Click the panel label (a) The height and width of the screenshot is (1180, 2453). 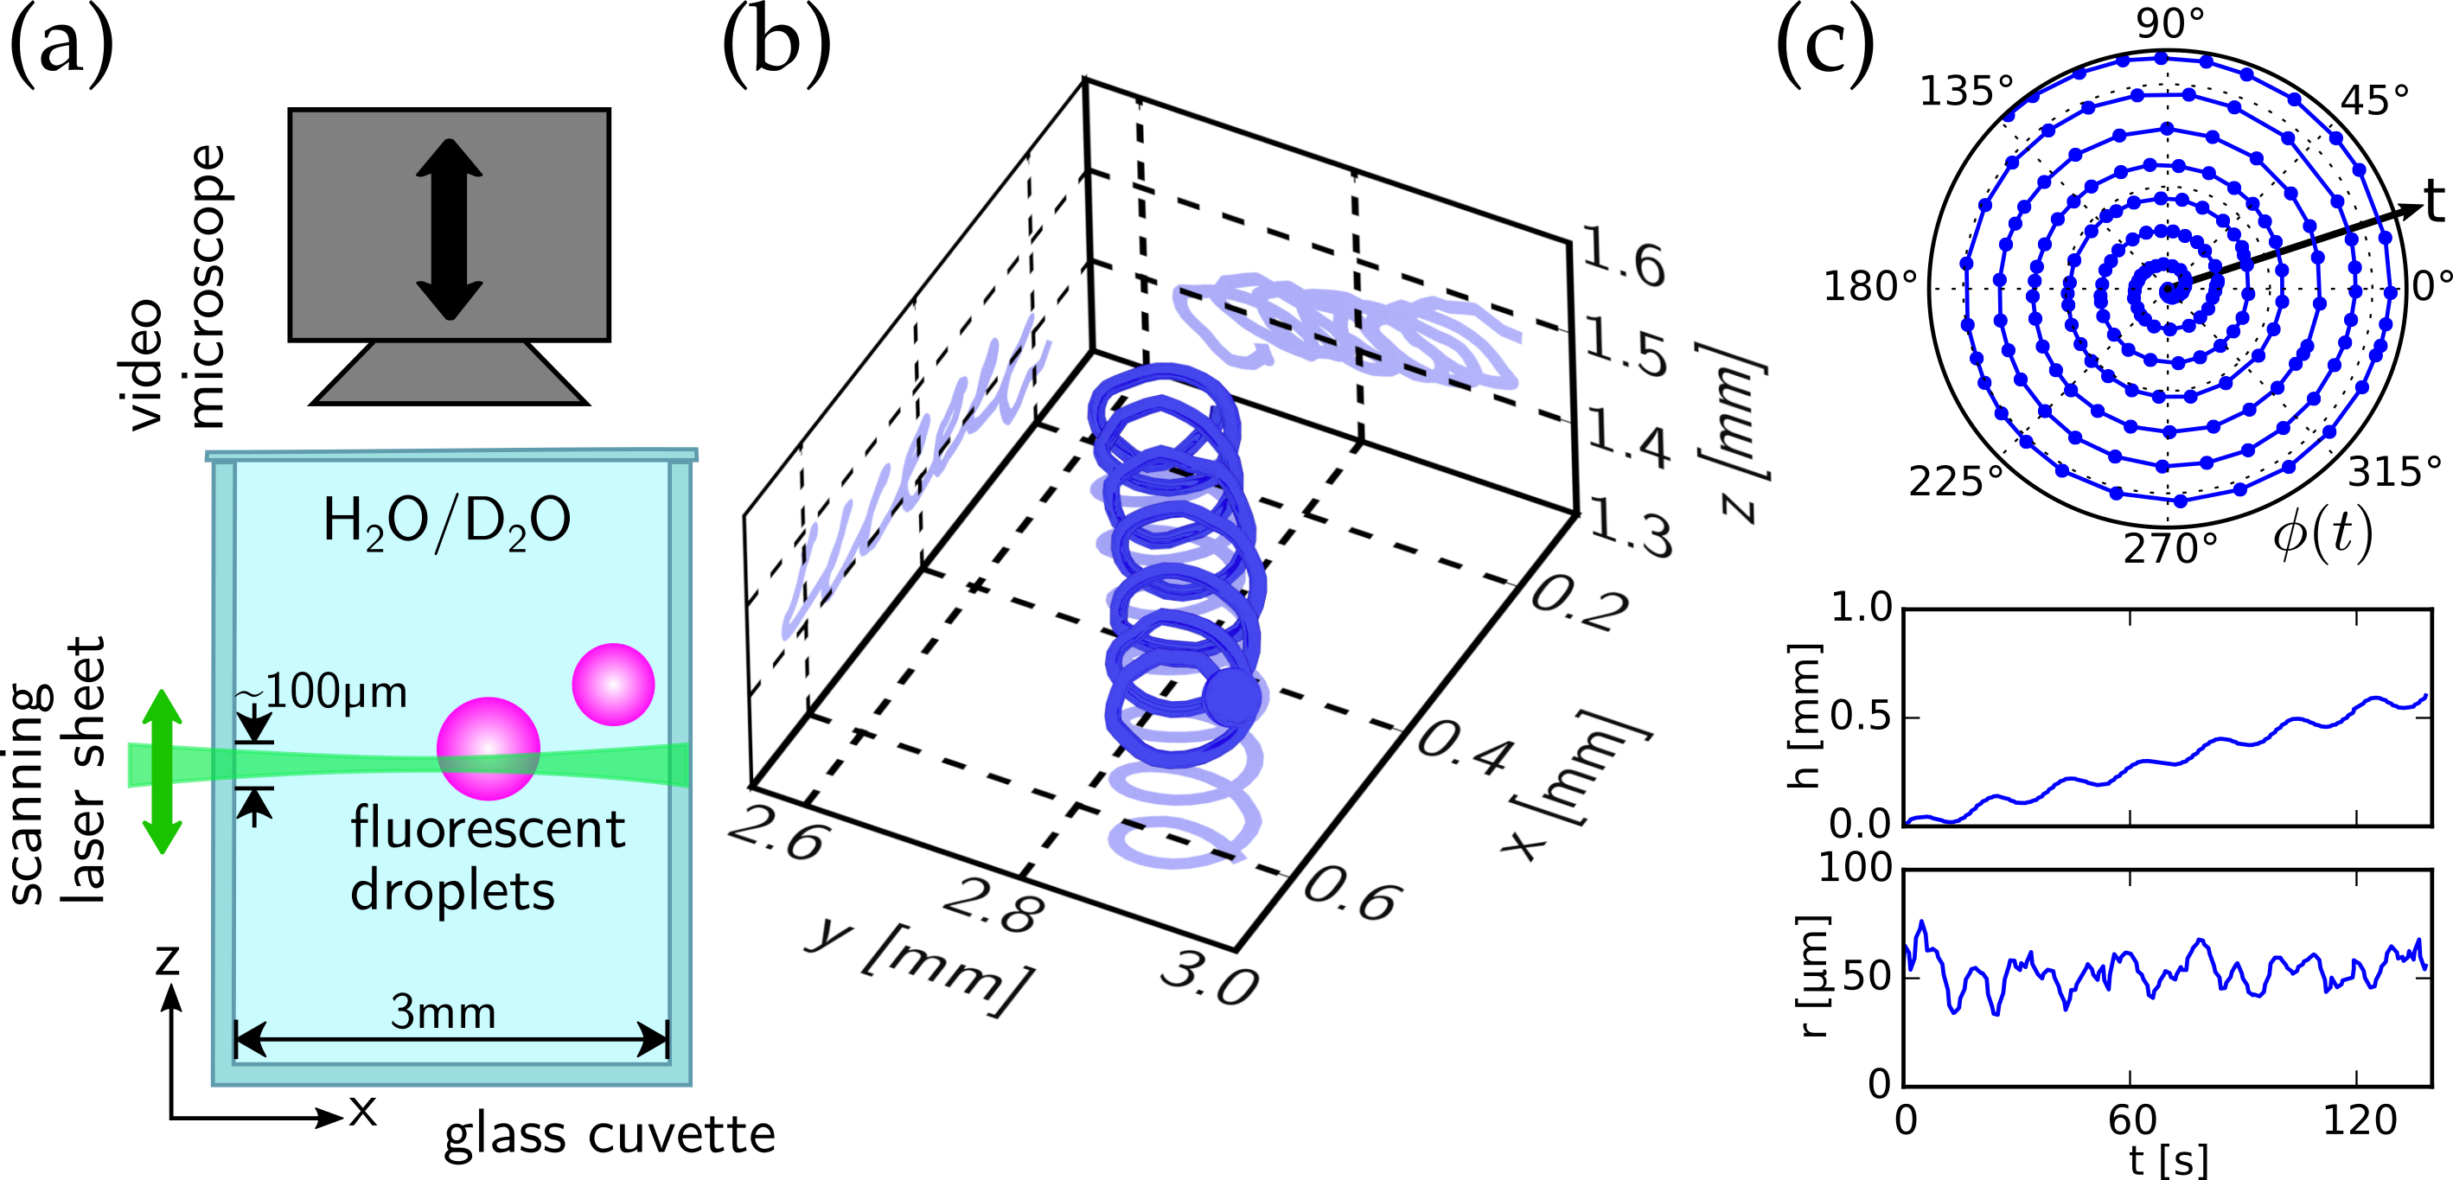click(62, 47)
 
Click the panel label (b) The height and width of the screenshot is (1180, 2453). click(776, 47)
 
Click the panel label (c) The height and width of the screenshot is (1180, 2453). click(1824, 47)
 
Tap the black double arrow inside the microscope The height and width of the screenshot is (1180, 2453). click(450, 228)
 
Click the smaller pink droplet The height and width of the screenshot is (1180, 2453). click(613, 685)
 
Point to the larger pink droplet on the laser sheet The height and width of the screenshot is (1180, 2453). click(489, 749)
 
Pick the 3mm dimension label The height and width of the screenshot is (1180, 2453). click(444, 1012)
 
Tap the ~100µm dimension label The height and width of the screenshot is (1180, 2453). click(323, 692)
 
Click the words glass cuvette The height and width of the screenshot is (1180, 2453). click(610, 1135)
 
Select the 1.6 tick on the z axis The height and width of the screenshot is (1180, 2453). click(1625, 257)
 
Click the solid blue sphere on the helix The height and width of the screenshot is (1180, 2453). click(1231, 697)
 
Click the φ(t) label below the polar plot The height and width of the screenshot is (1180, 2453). click(2322, 535)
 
